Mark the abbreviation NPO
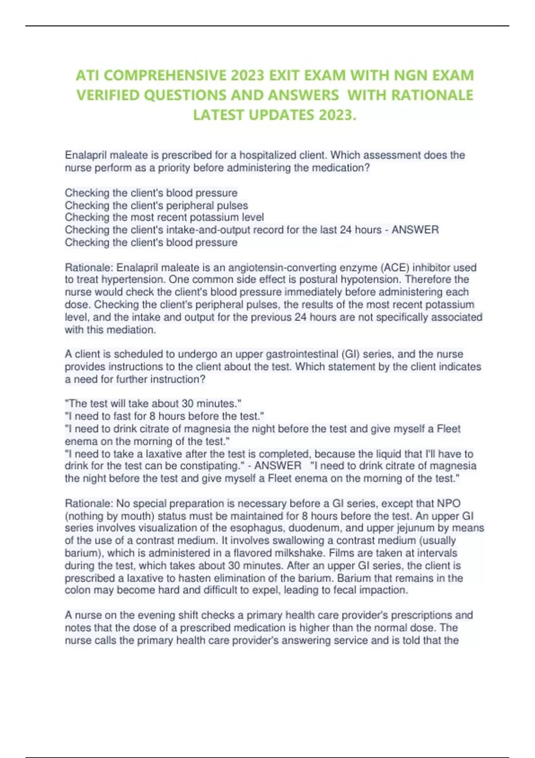448,503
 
